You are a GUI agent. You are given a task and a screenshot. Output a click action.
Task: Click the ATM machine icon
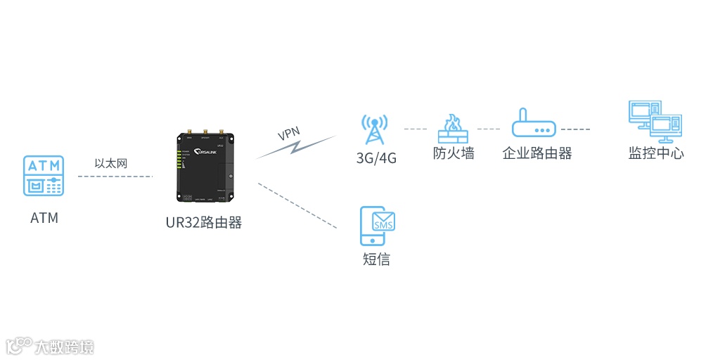coord(44,176)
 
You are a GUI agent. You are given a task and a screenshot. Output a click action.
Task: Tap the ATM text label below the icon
coord(44,218)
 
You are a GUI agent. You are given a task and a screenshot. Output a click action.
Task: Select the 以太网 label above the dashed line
coord(110,163)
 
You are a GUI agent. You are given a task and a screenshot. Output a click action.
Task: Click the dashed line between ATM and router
coord(115,176)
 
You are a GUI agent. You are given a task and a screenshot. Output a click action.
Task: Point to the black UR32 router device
coord(204,167)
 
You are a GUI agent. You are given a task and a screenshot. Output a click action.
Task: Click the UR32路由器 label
coord(204,223)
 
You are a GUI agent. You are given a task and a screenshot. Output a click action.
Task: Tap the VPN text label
coord(289,133)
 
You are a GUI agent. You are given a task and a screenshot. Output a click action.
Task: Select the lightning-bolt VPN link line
coord(295,147)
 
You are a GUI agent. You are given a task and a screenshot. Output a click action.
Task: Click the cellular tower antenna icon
coord(374,131)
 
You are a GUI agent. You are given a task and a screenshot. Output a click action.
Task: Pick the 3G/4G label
coord(376,158)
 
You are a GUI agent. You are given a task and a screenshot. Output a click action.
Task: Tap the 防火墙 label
coord(454,153)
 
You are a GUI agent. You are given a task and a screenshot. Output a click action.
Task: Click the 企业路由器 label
coord(537,153)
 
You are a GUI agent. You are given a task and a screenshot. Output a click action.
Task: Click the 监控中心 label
coord(655,153)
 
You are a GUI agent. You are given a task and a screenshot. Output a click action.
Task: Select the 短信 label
coord(376,259)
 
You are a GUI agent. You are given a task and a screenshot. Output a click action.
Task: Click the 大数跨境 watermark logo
coord(51,346)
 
